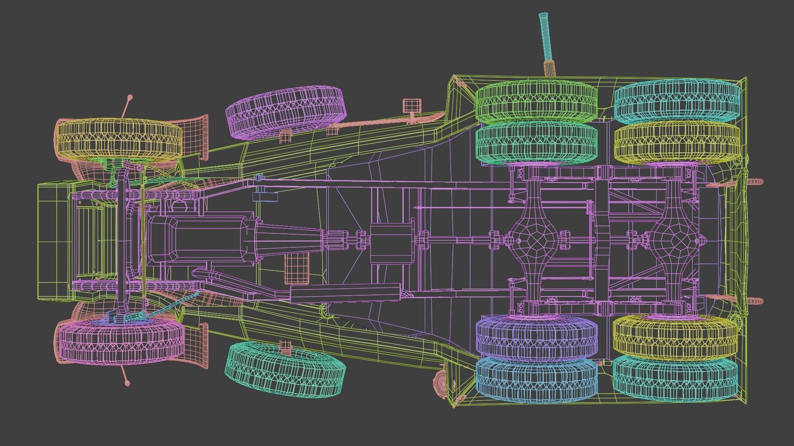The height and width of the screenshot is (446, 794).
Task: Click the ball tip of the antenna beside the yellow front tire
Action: [130, 98]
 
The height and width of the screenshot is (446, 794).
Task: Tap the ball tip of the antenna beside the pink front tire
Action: [128, 383]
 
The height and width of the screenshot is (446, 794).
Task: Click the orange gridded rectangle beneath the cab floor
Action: [297, 268]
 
